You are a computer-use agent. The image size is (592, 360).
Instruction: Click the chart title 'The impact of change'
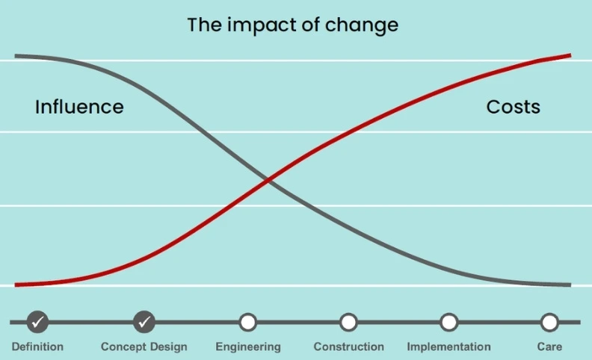[292, 25]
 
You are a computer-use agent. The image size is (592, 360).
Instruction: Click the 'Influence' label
[79, 107]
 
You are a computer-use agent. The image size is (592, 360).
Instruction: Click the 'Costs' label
[513, 107]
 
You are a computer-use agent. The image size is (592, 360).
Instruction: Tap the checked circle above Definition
[37, 322]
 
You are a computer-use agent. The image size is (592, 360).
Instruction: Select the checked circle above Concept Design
[144, 322]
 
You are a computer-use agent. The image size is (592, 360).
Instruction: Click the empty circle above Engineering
[248, 322]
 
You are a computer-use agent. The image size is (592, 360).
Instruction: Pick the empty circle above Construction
[348, 322]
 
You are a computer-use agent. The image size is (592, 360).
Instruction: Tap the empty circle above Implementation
[448, 322]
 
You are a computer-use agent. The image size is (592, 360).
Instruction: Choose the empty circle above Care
[549, 322]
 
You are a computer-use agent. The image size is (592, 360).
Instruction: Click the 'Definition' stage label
[37, 347]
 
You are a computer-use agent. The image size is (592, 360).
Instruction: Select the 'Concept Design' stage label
[144, 347]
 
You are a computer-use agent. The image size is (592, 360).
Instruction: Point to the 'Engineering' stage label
[248, 347]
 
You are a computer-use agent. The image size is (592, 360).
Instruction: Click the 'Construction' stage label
[348, 347]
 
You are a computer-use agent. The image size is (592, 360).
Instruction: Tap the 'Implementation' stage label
[448, 347]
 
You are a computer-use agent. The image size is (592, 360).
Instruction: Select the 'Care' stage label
[549, 347]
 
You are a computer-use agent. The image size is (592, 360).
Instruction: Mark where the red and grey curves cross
[268, 180]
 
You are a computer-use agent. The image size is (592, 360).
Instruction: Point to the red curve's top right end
[569, 55]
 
